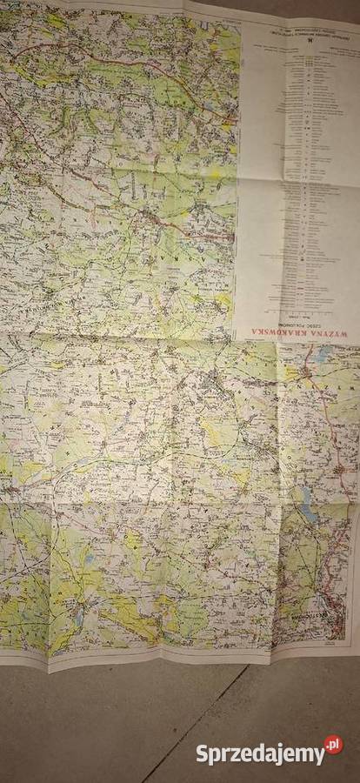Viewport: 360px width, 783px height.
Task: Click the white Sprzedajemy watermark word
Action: (x=258, y=753)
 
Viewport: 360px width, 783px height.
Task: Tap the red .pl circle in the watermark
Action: (x=333, y=745)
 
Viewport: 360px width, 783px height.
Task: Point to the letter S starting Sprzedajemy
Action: (x=201, y=753)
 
